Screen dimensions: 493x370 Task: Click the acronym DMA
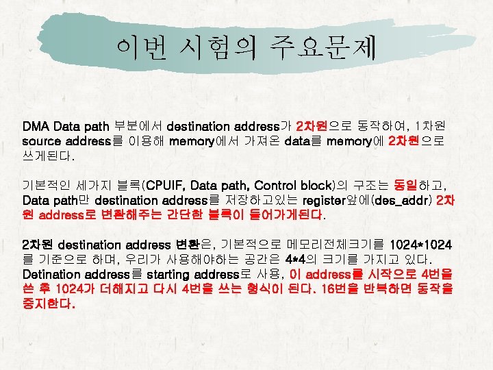pyautogui.click(x=36, y=127)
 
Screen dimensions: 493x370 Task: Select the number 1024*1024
pyautogui.click(x=420, y=245)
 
